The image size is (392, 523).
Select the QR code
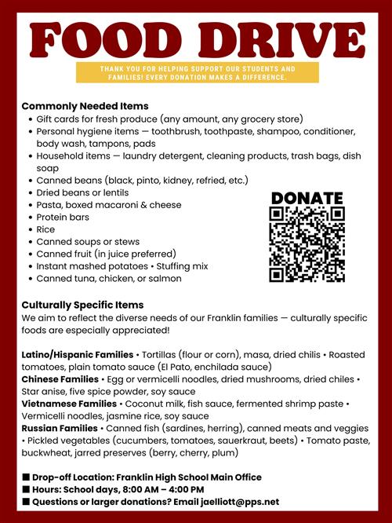307,244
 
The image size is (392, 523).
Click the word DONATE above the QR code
307,198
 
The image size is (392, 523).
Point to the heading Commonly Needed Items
85,105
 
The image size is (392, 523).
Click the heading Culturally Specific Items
82,305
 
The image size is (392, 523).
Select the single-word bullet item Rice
47,229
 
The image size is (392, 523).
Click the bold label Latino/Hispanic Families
78,354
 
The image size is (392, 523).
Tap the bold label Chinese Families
60,379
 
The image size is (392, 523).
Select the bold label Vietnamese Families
69,404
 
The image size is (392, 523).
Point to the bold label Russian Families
60,428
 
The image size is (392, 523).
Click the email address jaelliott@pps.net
235,501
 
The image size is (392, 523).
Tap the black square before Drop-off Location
26,477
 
